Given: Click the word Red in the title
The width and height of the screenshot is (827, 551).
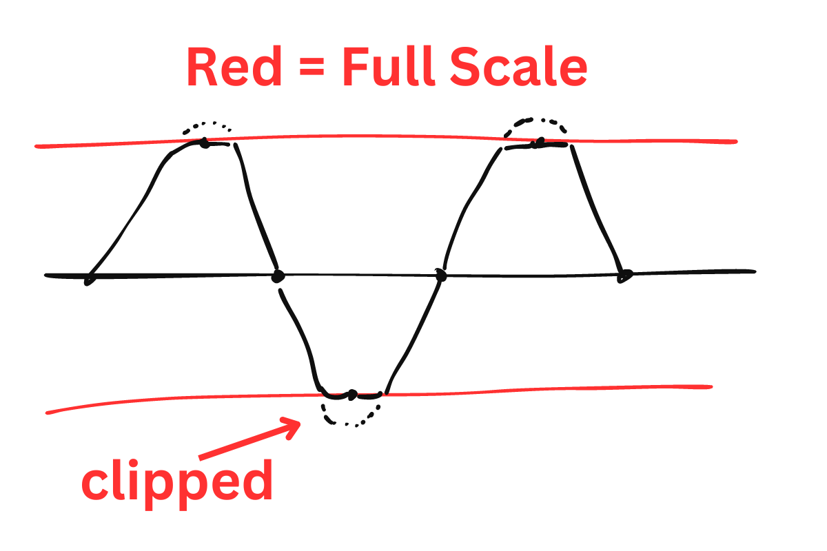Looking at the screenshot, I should click(x=234, y=67).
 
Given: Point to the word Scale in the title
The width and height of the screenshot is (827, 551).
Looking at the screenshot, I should click(x=520, y=67).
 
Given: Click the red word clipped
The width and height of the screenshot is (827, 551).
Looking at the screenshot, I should click(x=178, y=482).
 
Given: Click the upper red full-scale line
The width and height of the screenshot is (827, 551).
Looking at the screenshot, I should click(x=386, y=138).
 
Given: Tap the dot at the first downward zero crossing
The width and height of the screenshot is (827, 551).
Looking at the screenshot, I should click(x=278, y=276).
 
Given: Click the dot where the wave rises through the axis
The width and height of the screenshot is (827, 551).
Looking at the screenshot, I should click(x=441, y=276).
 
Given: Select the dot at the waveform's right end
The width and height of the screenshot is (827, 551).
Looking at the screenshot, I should click(x=624, y=275).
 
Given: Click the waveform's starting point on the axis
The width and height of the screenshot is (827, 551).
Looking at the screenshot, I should click(x=89, y=280).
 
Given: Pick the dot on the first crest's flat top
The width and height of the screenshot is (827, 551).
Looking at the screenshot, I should click(x=204, y=143).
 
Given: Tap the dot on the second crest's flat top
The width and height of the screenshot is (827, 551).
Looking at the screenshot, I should click(x=540, y=143).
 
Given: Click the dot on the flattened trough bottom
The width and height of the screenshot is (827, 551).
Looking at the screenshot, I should click(x=351, y=395).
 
